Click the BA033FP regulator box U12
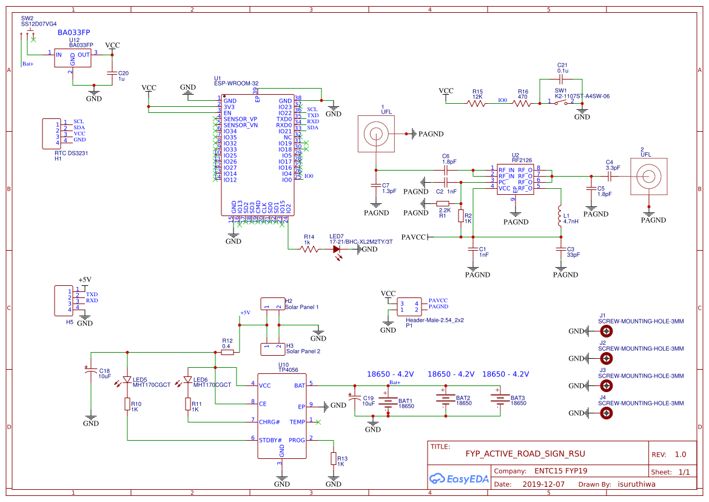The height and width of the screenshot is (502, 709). pyautogui.click(x=73, y=58)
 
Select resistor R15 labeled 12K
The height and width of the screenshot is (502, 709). pyautogui.click(x=477, y=104)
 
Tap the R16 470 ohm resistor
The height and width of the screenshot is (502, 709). pyautogui.click(x=523, y=104)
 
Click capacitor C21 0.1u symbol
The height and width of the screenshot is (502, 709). pyautogui.click(x=562, y=79)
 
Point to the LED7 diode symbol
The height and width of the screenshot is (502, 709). pyautogui.click(x=337, y=249)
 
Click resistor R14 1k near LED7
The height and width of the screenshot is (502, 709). pyautogui.click(x=310, y=249)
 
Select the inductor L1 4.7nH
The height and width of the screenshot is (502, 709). pyautogui.click(x=559, y=217)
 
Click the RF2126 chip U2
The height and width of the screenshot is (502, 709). pyautogui.click(x=516, y=179)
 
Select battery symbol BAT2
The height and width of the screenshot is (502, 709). pyautogui.click(x=446, y=399)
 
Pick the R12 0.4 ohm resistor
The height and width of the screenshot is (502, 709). pyautogui.click(x=227, y=352)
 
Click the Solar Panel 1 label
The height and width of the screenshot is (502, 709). pyautogui.click(x=301, y=307)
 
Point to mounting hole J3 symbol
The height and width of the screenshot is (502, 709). pyautogui.click(x=605, y=386)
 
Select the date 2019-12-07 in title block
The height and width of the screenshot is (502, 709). pyautogui.click(x=543, y=484)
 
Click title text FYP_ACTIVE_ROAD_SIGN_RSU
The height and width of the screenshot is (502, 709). pyautogui.click(x=525, y=453)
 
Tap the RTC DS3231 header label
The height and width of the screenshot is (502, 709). pyautogui.click(x=71, y=153)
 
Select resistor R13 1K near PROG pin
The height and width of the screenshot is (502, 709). pyautogui.click(x=333, y=458)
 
